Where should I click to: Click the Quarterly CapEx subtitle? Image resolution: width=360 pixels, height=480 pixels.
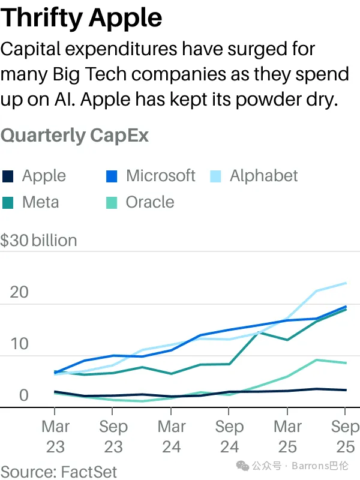coord(75,135)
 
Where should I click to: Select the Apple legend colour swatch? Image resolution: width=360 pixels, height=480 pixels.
coord(8,176)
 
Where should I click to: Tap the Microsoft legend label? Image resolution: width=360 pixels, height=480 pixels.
coord(160,176)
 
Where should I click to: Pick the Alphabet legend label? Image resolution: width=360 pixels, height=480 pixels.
coord(263,176)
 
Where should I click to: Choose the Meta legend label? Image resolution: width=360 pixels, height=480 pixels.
coord(40,202)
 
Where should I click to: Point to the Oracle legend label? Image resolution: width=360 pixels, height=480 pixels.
coord(149,202)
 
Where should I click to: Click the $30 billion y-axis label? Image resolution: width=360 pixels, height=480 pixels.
coord(39,241)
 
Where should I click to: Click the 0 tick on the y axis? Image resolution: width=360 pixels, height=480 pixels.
coord(23,395)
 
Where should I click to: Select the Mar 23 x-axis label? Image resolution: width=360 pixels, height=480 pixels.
coord(55,437)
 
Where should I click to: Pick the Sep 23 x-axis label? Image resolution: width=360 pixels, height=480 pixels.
coord(113,437)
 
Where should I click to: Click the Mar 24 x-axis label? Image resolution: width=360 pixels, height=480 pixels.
coord(171,437)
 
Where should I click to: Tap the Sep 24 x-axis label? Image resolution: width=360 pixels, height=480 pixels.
coord(229,437)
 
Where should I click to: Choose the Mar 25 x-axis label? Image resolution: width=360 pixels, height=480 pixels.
coord(287,437)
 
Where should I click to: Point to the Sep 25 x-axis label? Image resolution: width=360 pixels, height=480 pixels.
coord(344,437)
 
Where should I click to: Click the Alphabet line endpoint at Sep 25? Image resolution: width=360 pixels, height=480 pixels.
coord(345,283)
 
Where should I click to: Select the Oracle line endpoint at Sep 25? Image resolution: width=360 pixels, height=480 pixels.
coord(345,363)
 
